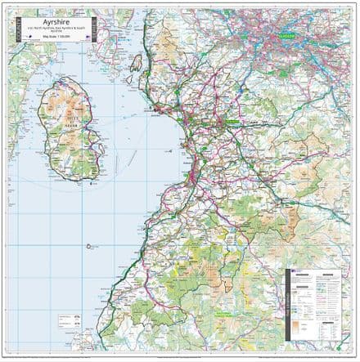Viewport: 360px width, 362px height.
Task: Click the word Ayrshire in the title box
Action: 62,24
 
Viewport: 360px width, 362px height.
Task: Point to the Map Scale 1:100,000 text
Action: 62,44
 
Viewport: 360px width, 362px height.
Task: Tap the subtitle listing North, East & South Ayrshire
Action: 62,35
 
